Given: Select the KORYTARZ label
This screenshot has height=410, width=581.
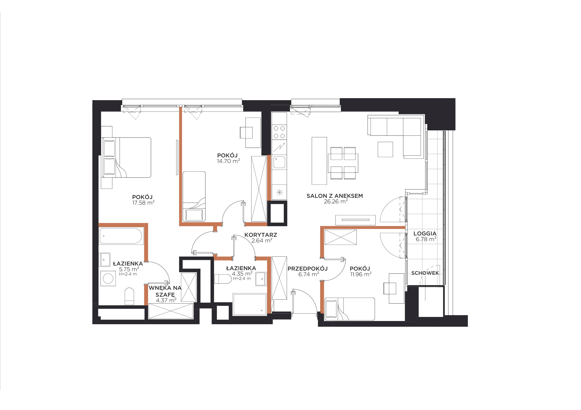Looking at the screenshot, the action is point(261,235).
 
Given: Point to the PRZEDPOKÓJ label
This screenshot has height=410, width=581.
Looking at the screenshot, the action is point(307,268).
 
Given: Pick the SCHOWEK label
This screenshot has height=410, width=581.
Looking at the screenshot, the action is point(425,273).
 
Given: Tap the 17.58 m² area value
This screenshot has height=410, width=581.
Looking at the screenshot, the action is point(143,203).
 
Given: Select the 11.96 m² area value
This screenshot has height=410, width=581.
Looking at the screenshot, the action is point(361,274).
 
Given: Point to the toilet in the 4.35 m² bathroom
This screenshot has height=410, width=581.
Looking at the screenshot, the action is point(223,279).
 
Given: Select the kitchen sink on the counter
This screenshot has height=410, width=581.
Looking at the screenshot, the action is point(279,162).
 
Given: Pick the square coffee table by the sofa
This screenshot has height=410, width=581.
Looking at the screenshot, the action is point(385,149).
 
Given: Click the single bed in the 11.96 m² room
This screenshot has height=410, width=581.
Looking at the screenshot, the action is point(349,309).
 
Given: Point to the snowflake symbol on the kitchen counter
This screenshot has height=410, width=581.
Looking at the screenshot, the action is point(279,192).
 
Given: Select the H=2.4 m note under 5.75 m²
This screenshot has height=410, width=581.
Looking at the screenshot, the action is point(128,274).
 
